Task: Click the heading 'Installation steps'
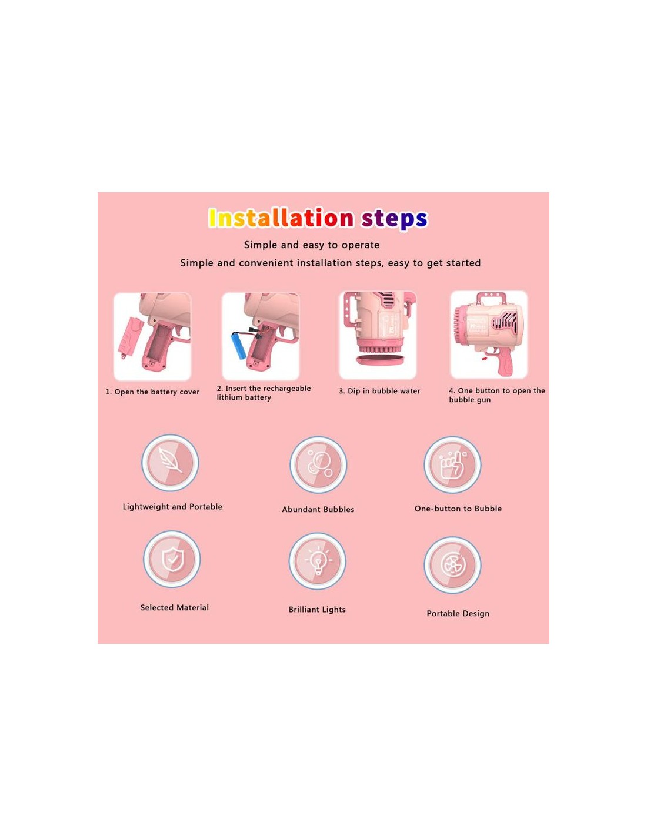[x=318, y=218]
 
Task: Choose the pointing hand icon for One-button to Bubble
[x=452, y=465]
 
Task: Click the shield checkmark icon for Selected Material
[x=172, y=559]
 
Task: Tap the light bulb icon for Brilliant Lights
[x=317, y=561]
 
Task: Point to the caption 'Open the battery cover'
[x=156, y=392]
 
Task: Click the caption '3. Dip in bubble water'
[x=379, y=391]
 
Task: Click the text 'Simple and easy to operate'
[x=311, y=245]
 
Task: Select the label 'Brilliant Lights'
[x=317, y=610]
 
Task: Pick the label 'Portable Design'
[x=458, y=614]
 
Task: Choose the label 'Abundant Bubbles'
[x=318, y=509]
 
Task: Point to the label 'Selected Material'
[x=174, y=607]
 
